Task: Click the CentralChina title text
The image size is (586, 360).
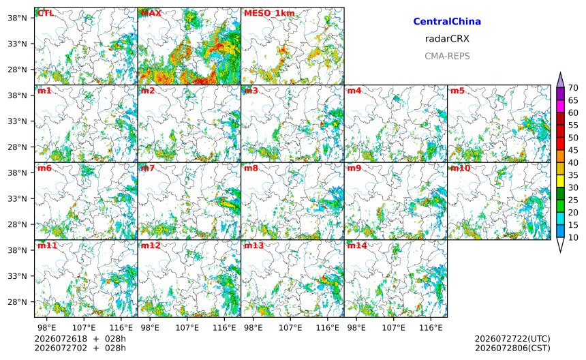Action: click(x=447, y=22)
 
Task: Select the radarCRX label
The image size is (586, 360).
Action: click(x=447, y=39)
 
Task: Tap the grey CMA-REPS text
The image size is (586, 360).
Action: click(x=447, y=56)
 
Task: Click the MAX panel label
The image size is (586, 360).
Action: click(x=151, y=13)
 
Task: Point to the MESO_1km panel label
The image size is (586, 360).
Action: click(x=269, y=13)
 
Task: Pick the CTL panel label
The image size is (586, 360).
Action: click(x=46, y=13)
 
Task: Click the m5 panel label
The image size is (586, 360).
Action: click(x=457, y=91)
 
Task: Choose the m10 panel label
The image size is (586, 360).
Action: click(x=460, y=168)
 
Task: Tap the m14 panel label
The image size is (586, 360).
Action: click(x=357, y=245)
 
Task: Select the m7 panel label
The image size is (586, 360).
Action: click(x=148, y=168)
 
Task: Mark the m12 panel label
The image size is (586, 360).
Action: click(x=150, y=245)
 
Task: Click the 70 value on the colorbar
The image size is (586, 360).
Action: click(x=573, y=88)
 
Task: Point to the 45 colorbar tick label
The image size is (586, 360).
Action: click(x=573, y=150)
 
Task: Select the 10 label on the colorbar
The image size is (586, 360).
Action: click(x=573, y=237)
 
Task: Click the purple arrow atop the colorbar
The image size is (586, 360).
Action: click(x=560, y=80)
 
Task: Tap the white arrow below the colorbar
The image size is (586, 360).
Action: click(x=560, y=245)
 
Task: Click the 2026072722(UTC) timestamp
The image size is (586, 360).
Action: click(x=512, y=339)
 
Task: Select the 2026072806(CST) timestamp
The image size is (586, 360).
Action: click(x=512, y=348)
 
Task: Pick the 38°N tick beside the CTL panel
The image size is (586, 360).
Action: click(x=18, y=18)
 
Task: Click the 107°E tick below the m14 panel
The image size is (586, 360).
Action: click(x=394, y=328)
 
